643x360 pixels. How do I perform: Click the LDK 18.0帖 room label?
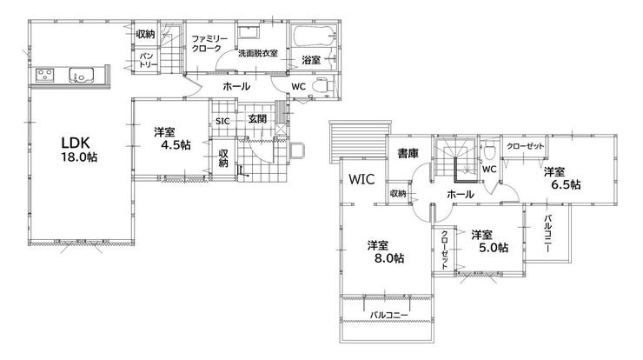tap(79, 149)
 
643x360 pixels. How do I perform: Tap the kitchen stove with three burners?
tap(44, 75)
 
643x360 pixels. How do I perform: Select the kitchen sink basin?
tap(81, 75)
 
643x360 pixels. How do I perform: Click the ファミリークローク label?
tap(209, 43)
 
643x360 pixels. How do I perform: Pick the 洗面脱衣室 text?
tap(258, 53)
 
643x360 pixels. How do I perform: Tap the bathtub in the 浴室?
tap(314, 37)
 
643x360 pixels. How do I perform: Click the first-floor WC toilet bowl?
tap(322, 86)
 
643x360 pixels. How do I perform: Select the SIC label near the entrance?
tap(222, 122)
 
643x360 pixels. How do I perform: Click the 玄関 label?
tap(257, 119)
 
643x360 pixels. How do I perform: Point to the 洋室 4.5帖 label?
tap(172, 138)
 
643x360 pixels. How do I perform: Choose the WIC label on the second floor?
tap(361, 179)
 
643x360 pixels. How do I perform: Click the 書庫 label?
tap(408, 154)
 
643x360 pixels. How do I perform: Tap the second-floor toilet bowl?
tap(488, 151)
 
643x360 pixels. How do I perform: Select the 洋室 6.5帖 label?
tap(562, 178)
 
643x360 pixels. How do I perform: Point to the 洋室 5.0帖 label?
tap(489, 241)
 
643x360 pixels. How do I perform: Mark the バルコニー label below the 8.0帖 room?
tap(388, 316)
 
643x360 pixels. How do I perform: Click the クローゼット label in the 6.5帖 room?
tap(526, 146)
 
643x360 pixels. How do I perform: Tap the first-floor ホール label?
tap(236, 87)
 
